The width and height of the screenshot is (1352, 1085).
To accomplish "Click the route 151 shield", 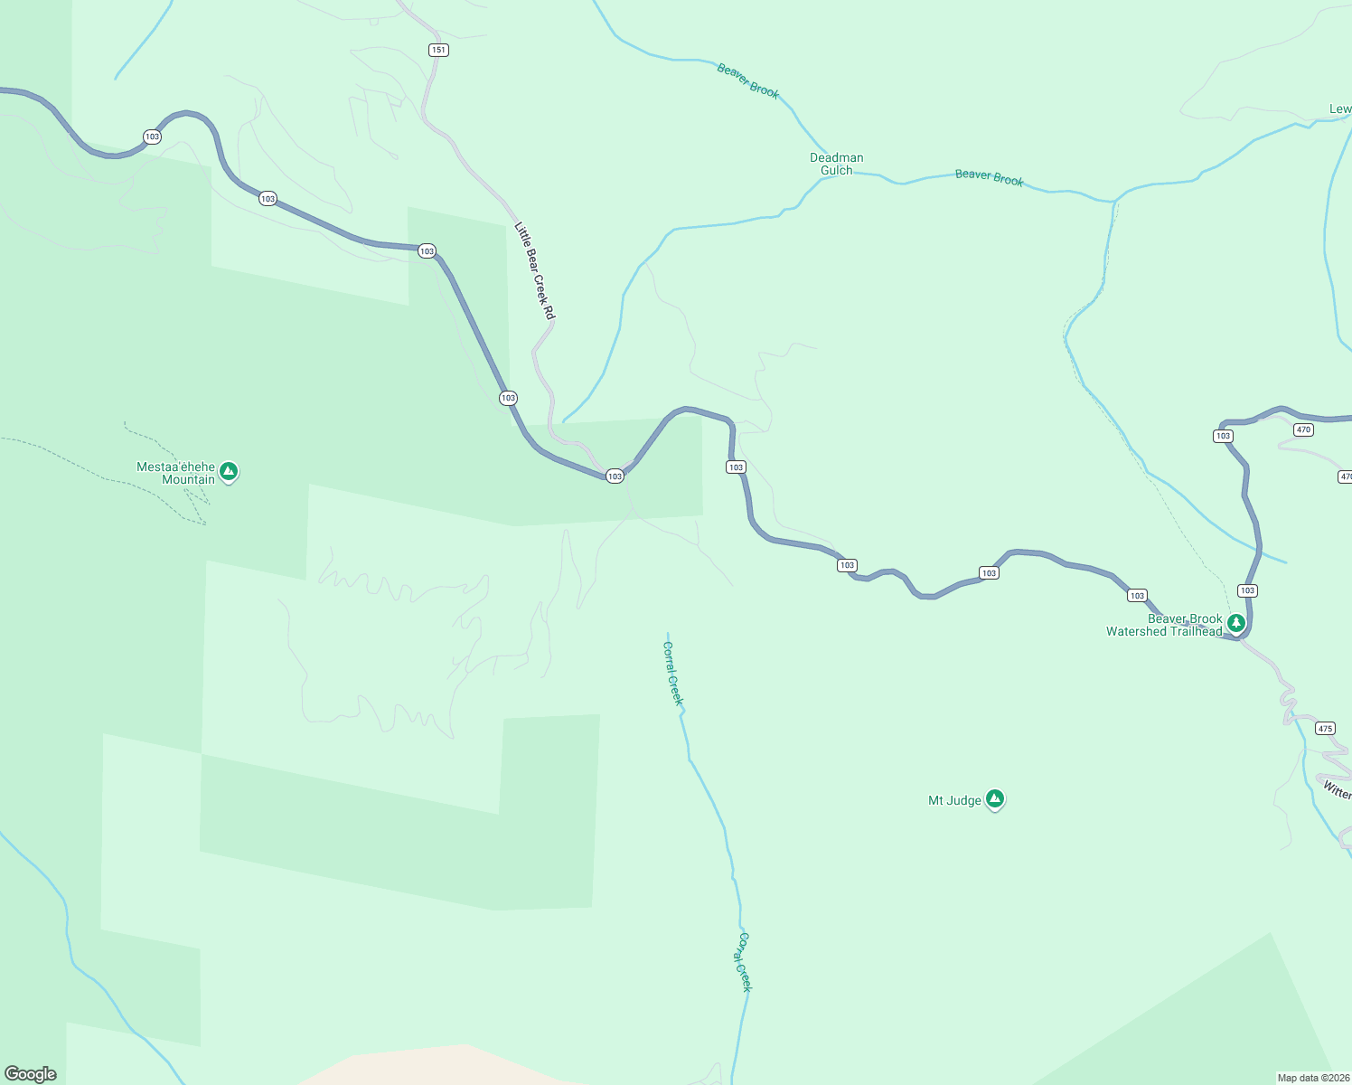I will pyautogui.click(x=438, y=50).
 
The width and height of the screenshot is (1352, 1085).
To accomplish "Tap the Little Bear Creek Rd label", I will pyautogui.click(x=534, y=270).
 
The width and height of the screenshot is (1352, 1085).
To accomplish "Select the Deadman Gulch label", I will pyautogui.click(x=836, y=164).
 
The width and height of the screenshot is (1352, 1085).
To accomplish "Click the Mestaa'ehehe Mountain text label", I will pyautogui.click(x=176, y=473).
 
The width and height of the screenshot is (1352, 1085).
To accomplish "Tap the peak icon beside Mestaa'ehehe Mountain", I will pyautogui.click(x=229, y=471).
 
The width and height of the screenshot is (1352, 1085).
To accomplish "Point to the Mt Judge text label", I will pyautogui.click(x=954, y=800).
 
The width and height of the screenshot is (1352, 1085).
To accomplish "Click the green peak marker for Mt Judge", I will pyautogui.click(x=994, y=798).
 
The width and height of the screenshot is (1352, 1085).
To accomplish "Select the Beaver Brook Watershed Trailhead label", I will pyautogui.click(x=1164, y=625).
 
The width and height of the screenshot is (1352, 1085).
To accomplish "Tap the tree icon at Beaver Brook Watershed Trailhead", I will pyautogui.click(x=1236, y=623).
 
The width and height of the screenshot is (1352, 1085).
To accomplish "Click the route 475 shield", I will pyautogui.click(x=1325, y=728).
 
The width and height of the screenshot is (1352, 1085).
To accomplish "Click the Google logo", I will pyautogui.click(x=31, y=1074).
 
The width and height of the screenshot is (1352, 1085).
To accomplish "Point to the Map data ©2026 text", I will pyautogui.click(x=1313, y=1078).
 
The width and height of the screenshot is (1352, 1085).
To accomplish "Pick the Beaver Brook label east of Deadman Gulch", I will pyautogui.click(x=989, y=177).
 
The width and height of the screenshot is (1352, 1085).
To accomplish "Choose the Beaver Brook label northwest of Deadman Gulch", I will pyautogui.click(x=747, y=80).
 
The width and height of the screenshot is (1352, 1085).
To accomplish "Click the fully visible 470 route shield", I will pyautogui.click(x=1303, y=429).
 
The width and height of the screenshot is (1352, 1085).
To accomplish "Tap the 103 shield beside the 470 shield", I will pyautogui.click(x=1223, y=436).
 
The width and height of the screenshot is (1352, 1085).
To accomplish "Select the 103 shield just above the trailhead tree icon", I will pyautogui.click(x=1247, y=590).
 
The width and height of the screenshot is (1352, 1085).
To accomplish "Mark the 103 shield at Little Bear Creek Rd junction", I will pyautogui.click(x=615, y=476).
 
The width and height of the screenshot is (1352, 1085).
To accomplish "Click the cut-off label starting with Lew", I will pyautogui.click(x=1340, y=109).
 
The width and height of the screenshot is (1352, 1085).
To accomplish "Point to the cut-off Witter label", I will pyautogui.click(x=1337, y=790).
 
